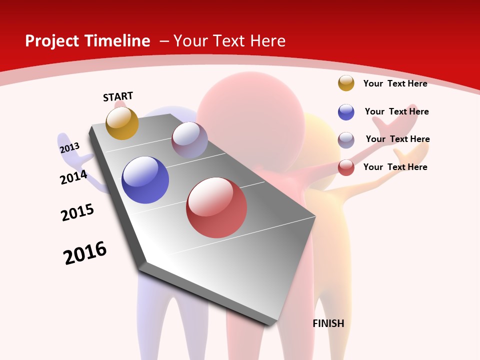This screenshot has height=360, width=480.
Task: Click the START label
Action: tap(118, 96)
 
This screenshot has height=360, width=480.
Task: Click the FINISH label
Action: tap(328, 323)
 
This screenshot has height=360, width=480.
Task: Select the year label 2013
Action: tap(69, 148)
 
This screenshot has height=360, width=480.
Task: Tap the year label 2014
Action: tap(73, 177)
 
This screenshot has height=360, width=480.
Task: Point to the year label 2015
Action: tap(77, 212)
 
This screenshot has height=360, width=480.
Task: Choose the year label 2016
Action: tap(85, 253)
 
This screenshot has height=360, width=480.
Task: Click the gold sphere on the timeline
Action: tap(122, 123)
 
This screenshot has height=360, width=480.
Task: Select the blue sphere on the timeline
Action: tap(145, 180)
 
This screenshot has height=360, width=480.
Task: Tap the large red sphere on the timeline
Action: tap(216, 207)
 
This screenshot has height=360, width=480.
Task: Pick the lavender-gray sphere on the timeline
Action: tap(189, 140)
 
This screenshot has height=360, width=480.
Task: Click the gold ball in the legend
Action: tap(346, 83)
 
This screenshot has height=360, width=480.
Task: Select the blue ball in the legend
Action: tap(346, 112)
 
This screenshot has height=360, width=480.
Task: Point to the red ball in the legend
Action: tap(346, 167)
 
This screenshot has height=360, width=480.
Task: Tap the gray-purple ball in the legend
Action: tap(346, 140)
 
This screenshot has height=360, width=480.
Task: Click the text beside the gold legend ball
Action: tap(395, 83)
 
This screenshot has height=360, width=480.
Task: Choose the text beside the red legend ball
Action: tap(395, 167)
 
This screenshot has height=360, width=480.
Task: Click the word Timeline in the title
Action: tap(118, 41)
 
